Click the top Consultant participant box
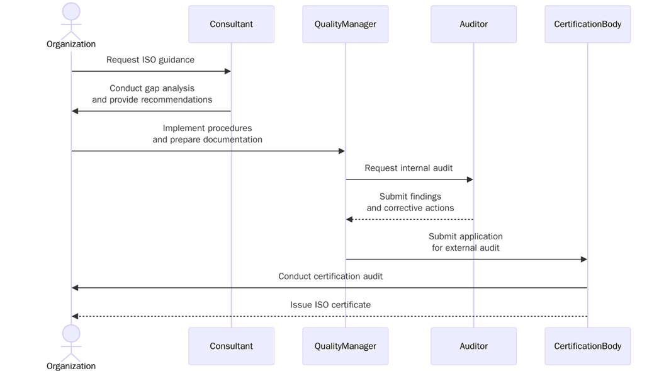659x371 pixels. [231, 25]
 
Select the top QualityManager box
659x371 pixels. [345, 25]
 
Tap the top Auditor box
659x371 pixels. [473, 25]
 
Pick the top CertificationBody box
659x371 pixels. [587, 25]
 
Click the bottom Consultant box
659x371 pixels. [231, 346]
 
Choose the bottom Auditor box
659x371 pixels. [473, 346]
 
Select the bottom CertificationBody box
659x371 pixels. [587, 346]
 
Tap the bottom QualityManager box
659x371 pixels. [345, 346]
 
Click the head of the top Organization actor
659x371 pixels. [71, 11]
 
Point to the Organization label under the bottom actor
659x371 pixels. [71, 366]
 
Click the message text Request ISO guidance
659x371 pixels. [150, 60]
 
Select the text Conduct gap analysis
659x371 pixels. [152, 88]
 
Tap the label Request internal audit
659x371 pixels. [408, 168]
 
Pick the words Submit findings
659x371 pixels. [410, 197]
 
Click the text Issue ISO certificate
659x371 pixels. [330, 305]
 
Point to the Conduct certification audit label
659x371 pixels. [330, 277]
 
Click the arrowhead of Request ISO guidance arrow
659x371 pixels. [228, 71]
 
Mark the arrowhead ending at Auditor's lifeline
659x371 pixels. [470, 180]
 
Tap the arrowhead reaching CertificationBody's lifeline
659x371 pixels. [583, 260]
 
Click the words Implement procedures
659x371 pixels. [207, 128]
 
